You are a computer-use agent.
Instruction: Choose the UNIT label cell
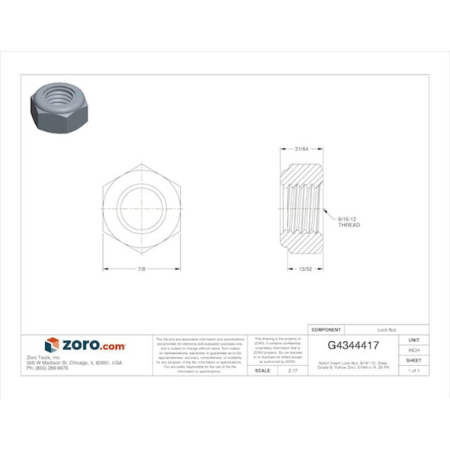click(x=414, y=339)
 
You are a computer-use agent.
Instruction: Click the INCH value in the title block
click(x=414, y=350)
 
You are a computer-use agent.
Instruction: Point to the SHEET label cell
click(x=414, y=360)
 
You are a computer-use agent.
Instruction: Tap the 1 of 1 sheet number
click(x=414, y=370)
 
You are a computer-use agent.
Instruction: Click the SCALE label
click(x=262, y=370)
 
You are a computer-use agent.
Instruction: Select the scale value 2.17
click(x=294, y=370)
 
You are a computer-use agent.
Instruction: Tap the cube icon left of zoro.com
click(x=52, y=346)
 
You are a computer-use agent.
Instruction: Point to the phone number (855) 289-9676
click(x=47, y=368)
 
